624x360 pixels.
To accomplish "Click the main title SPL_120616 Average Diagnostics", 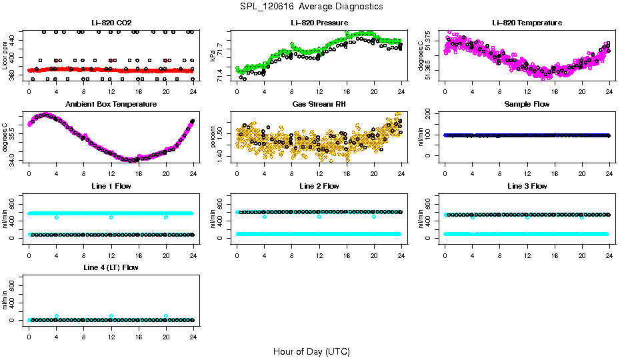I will tap(311, 6).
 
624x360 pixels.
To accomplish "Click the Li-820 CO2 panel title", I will tap(111, 23).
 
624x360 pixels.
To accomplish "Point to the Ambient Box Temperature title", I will tap(111, 104).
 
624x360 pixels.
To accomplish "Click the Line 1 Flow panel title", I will tap(111, 186).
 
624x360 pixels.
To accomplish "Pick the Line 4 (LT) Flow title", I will tap(111, 267).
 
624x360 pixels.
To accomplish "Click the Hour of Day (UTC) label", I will tap(311, 351).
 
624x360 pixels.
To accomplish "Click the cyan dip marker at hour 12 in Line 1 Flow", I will tap(111, 217).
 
